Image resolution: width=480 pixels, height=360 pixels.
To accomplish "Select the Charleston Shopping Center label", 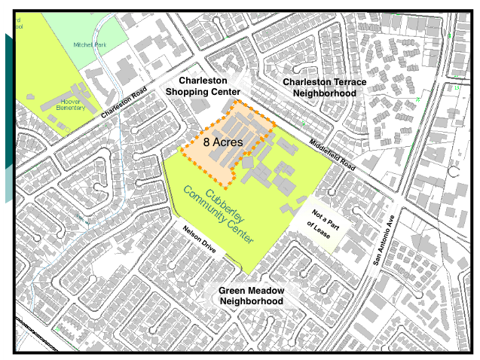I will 208,86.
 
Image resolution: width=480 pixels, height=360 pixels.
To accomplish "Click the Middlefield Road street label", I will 329,153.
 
